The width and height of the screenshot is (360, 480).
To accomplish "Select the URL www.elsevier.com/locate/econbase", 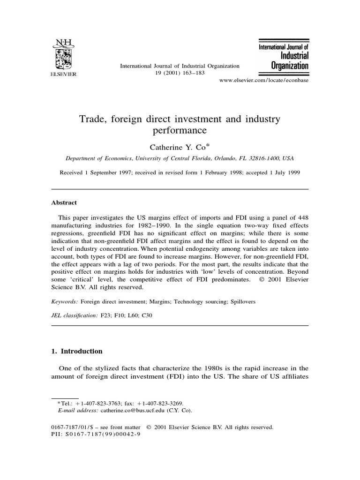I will tap(264, 81).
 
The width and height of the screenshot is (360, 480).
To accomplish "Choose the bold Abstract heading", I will tap(64, 203).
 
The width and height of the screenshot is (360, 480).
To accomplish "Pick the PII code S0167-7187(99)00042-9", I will tap(102, 434).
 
